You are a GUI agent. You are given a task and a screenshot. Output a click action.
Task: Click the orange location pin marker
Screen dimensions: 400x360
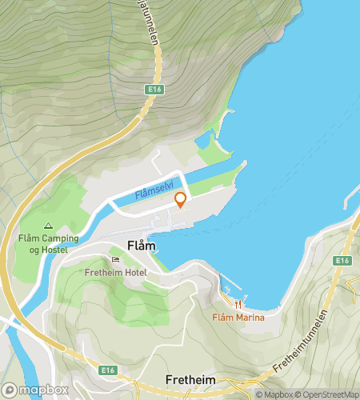click(181, 200)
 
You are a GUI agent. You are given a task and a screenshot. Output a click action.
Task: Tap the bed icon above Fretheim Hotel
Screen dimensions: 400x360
click(116, 259)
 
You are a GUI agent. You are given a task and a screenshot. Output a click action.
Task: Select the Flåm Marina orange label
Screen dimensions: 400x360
click(238, 318)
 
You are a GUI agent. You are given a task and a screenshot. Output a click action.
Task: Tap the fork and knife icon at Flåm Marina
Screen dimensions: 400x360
click(238, 304)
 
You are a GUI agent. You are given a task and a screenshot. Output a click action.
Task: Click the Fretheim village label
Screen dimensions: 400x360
click(192, 378)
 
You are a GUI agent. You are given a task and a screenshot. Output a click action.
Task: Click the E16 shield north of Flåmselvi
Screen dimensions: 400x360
click(155, 90)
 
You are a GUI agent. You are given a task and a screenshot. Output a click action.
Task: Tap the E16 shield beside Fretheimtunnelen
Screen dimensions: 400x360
click(342, 261)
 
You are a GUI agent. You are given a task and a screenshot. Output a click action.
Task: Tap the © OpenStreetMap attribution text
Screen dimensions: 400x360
click(327, 394)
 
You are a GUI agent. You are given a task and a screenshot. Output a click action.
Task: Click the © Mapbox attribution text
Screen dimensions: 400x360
click(274, 394)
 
